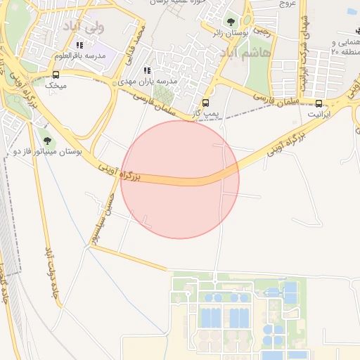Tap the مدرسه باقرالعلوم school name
[85, 55]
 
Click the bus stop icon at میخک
[56, 74]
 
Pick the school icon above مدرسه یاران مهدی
[147, 70]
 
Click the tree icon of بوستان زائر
[233, 21]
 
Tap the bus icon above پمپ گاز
[205, 102]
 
